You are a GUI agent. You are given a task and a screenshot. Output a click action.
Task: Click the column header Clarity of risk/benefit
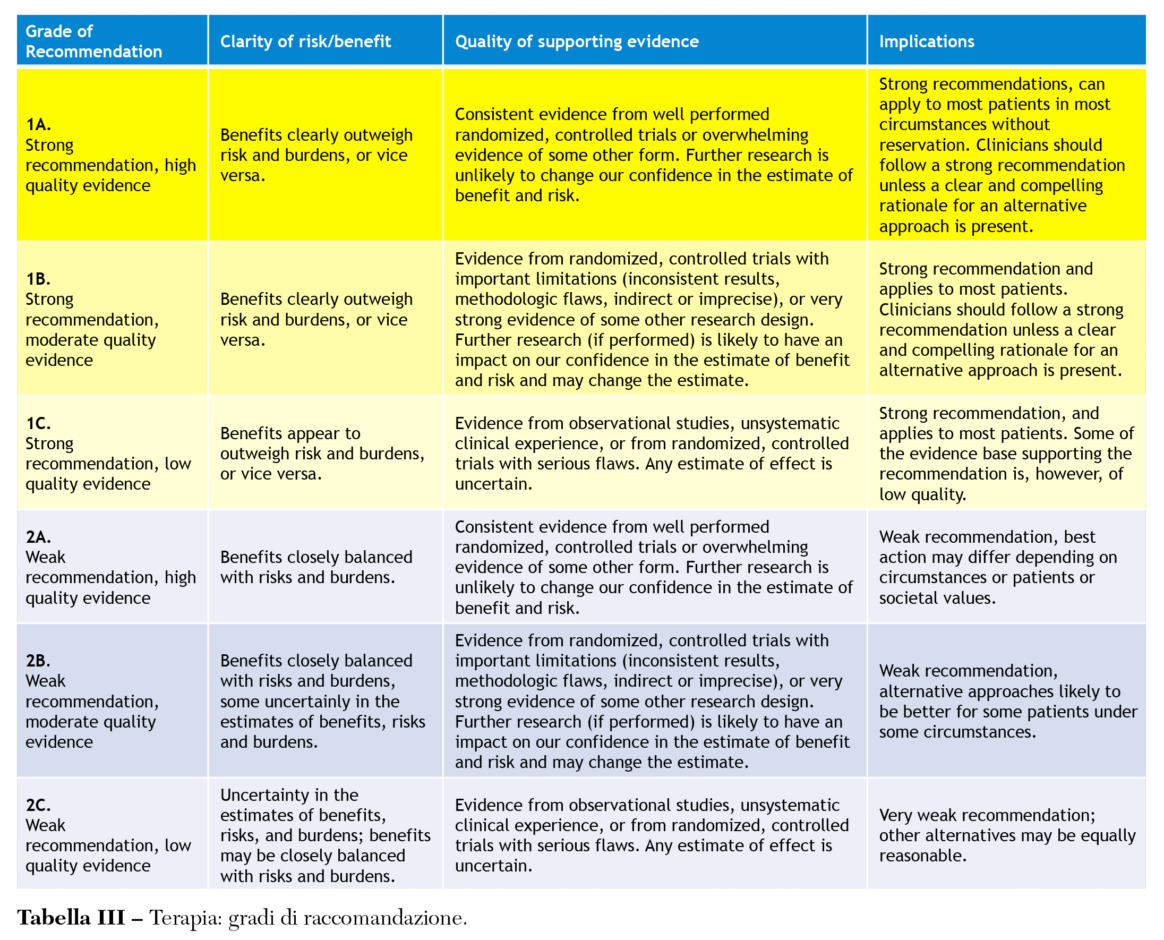(305, 42)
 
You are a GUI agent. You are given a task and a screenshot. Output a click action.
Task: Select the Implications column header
(926, 42)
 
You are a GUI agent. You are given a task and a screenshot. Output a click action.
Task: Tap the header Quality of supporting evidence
(577, 42)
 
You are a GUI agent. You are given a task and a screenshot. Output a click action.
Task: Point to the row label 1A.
(38, 125)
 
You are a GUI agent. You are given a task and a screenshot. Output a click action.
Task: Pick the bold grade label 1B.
(38, 279)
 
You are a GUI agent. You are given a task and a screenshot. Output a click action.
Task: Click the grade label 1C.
(38, 423)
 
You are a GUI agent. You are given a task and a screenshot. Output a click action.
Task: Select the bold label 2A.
(38, 536)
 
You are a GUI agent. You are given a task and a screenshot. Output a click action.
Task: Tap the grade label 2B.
(38, 661)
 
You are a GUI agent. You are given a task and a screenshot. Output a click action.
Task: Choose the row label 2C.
(38, 805)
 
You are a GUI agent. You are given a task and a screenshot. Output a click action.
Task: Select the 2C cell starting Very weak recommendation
(1006, 835)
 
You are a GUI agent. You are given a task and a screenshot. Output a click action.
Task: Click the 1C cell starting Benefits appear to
(322, 453)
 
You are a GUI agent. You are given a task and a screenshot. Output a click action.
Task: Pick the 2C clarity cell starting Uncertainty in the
(325, 835)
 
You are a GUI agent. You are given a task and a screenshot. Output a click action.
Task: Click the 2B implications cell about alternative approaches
(1007, 701)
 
